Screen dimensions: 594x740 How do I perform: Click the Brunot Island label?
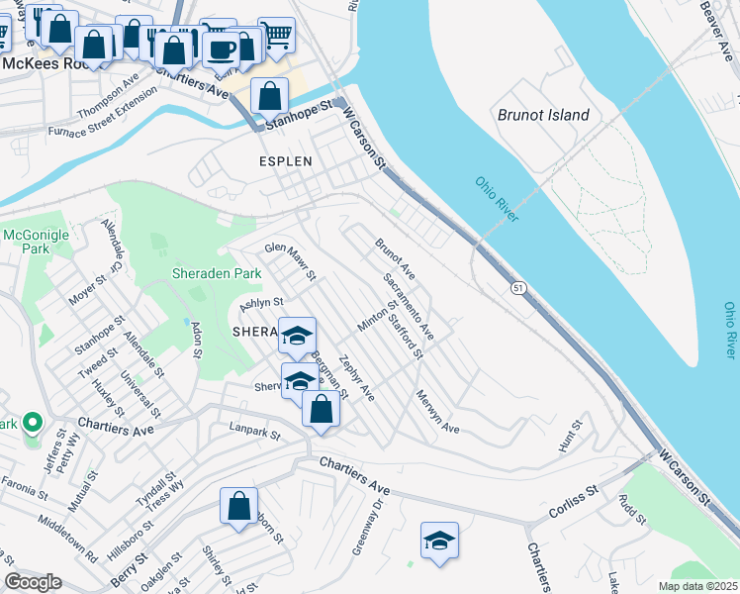(543, 115)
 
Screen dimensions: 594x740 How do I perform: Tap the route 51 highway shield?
(517, 288)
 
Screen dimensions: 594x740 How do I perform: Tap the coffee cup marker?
(221, 49)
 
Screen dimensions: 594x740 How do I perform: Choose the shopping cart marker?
(276, 36)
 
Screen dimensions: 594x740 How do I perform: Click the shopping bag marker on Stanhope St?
(269, 97)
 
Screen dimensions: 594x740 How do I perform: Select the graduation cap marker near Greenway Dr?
(439, 541)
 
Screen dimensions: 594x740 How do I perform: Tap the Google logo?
(32, 582)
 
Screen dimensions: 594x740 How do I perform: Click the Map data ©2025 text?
(697, 586)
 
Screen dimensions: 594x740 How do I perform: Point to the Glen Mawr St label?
(289, 260)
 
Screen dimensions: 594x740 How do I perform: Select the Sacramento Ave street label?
(409, 304)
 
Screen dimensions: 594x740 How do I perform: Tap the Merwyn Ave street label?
(438, 416)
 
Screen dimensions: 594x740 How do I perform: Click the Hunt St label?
(570, 433)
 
